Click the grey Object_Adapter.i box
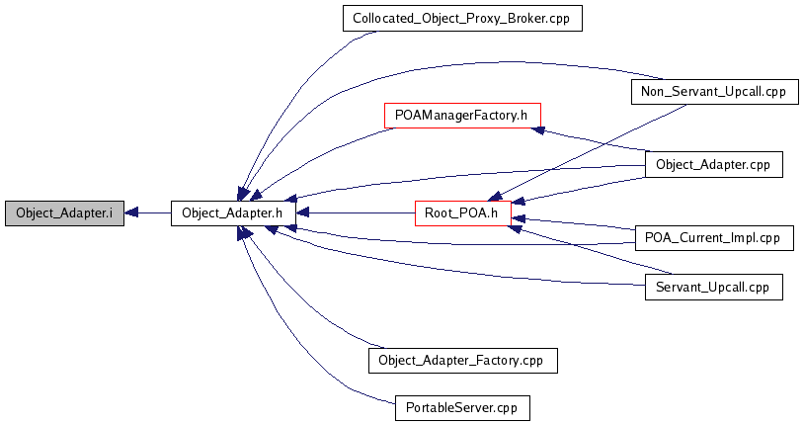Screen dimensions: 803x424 [64, 213]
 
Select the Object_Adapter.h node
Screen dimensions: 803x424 [233, 213]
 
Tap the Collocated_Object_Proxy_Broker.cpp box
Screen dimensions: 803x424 [462, 19]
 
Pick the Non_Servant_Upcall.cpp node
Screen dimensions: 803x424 [714, 92]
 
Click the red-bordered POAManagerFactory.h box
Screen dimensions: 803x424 [462, 116]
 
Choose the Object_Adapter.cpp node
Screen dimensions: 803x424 [713, 165]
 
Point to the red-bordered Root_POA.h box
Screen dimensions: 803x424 [463, 213]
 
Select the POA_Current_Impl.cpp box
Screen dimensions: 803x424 [714, 238]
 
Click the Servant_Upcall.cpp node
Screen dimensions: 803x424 [713, 287]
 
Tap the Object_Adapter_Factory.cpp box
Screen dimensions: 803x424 [463, 361]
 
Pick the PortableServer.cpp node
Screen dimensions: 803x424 [462, 408]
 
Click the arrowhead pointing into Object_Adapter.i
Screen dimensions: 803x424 [130, 213]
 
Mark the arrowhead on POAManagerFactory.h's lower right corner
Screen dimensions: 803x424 [537, 129]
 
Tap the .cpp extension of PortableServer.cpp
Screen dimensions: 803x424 [508, 409]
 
